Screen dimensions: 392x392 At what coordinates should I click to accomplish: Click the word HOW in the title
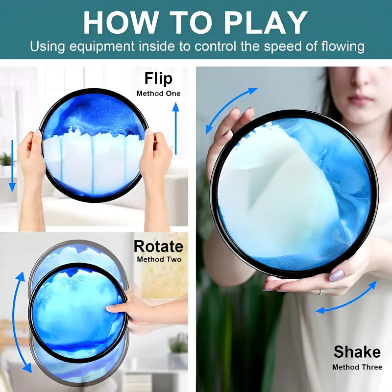(121, 23)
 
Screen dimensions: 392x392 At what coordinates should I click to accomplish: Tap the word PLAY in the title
(265, 23)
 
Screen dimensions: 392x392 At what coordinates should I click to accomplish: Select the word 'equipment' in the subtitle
(102, 47)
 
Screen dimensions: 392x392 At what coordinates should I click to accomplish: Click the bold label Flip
(158, 79)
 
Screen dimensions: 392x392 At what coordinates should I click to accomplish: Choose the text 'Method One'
(158, 94)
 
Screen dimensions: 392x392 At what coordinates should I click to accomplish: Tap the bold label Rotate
(158, 246)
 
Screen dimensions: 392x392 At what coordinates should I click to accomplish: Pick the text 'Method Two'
(159, 259)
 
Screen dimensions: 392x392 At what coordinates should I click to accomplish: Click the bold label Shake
(357, 352)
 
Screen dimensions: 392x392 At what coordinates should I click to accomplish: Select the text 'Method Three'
(357, 367)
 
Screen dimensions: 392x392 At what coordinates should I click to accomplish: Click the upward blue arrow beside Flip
(176, 128)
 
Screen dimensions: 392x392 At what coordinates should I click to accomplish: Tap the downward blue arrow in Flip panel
(12, 166)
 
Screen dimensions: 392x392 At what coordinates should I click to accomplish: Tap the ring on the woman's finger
(321, 292)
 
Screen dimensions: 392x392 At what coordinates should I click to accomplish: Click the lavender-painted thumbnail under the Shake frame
(337, 275)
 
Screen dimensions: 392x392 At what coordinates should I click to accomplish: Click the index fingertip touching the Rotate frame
(109, 309)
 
